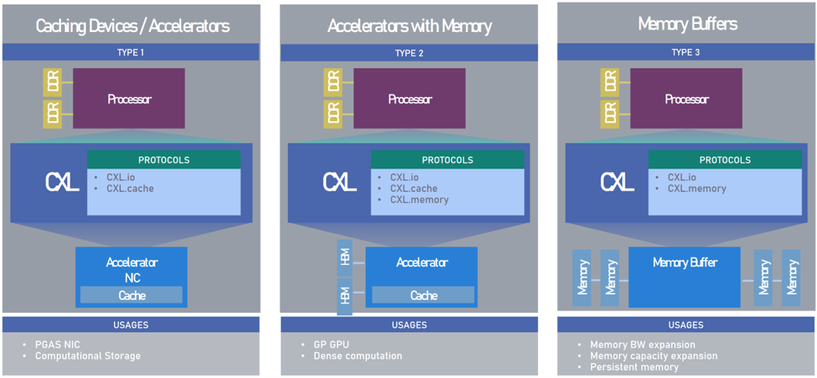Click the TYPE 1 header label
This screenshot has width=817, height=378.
(130, 53)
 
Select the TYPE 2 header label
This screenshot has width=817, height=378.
(409, 53)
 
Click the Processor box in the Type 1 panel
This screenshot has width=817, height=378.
(129, 99)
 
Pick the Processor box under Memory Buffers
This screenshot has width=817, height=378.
(686, 99)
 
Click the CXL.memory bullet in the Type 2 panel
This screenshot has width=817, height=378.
(419, 200)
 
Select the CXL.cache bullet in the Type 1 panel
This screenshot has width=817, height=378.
(130, 189)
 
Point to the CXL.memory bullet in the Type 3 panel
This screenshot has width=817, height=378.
(697, 189)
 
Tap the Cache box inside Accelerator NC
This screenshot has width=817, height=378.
(131, 295)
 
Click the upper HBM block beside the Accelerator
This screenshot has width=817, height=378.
(344, 258)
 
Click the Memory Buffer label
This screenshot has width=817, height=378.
(685, 262)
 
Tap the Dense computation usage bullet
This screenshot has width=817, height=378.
(358, 356)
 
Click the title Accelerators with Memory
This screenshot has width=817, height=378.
(409, 26)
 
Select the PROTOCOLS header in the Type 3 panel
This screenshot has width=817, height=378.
(725, 160)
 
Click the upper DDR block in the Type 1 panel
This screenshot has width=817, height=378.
(52, 81)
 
